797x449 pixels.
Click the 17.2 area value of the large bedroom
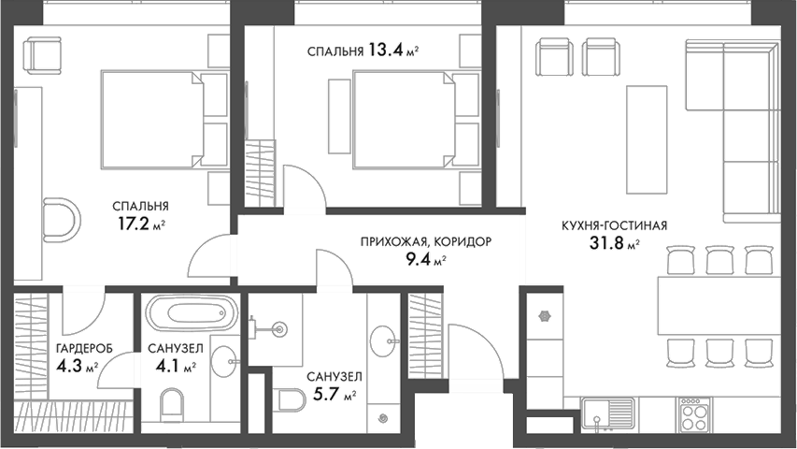pyautogui.click(x=131, y=224)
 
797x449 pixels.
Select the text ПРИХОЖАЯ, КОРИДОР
pyautogui.click(x=425, y=241)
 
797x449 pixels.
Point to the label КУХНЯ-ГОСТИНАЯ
pyautogui.click(x=614, y=225)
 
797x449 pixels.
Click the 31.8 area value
pyautogui.click(x=606, y=246)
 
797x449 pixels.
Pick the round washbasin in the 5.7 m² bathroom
pyautogui.click(x=381, y=339)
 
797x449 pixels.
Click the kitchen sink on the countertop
pyautogui.click(x=608, y=412)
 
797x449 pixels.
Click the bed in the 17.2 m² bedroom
pyautogui.click(x=154, y=119)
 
